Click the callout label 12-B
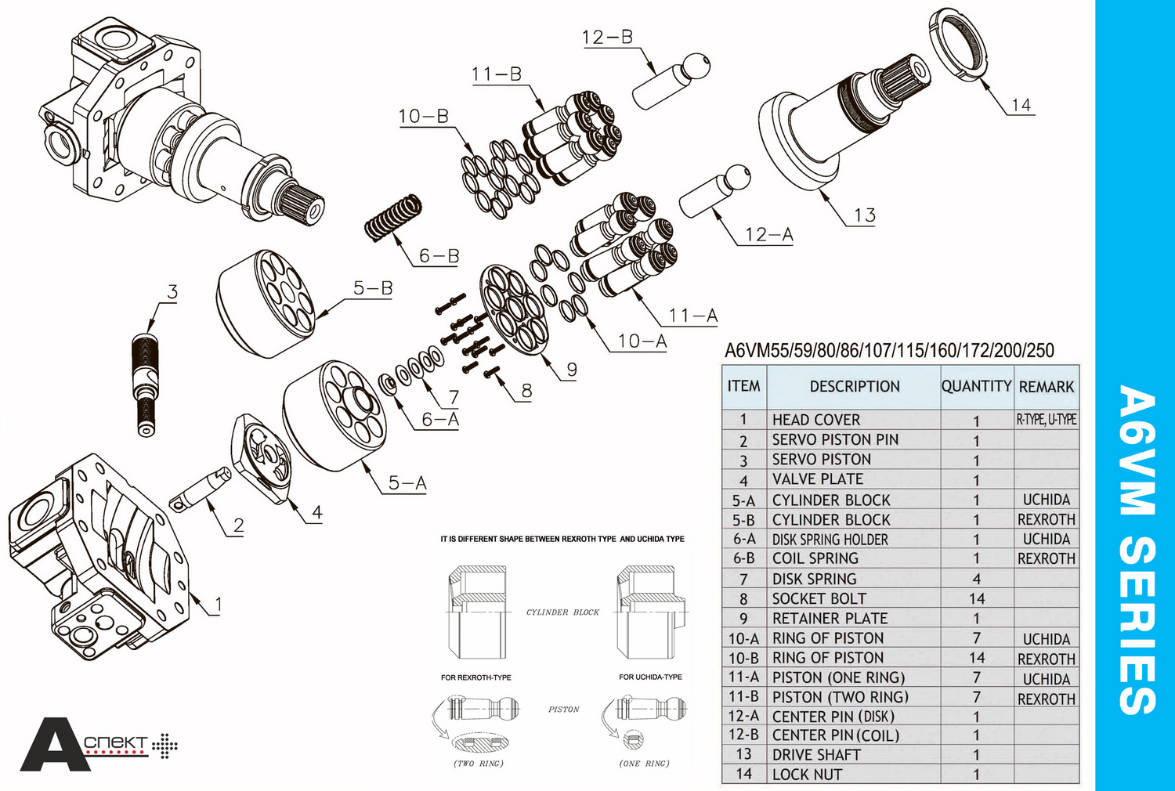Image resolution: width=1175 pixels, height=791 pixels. coord(607,37)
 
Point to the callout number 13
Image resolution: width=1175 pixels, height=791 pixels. coord(864,215)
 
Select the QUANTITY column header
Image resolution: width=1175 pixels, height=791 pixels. coord(976,386)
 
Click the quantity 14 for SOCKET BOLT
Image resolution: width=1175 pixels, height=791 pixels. coord(976,599)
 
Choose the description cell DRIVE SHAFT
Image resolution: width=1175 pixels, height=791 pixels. coord(816,755)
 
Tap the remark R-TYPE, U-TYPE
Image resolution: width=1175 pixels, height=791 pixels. coord(1047,420)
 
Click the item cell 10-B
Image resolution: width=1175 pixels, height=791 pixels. coord(743,659)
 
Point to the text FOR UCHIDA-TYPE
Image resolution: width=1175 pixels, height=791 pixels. coord(650,677)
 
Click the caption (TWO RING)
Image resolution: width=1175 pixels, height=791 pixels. coord(479,764)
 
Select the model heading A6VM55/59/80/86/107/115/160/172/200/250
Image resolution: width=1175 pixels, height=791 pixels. coord(889,350)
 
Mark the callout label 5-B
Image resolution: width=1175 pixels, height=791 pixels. coord(373,288)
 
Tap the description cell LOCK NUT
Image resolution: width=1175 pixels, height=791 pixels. coord(807,775)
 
